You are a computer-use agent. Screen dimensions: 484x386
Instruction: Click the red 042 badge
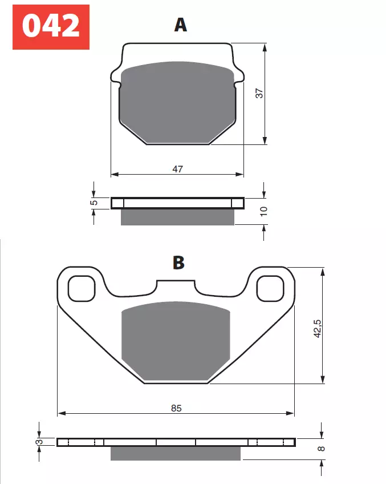click(51, 26)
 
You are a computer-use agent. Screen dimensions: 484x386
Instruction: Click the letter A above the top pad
click(181, 25)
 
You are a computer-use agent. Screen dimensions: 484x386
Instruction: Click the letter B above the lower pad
click(178, 263)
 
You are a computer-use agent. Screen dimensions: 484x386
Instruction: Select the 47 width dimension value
click(177, 168)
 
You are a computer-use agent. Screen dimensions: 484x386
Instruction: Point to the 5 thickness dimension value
click(95, 202)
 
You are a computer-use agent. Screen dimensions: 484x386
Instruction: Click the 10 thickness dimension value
click(263, 211)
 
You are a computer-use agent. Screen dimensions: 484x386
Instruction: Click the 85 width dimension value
click(176, 408)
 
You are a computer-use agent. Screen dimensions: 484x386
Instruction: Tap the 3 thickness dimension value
click(39, 442)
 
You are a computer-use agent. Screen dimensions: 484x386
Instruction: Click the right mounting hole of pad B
click(270, 288)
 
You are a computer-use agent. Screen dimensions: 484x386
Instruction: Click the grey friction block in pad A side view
click(177, 217)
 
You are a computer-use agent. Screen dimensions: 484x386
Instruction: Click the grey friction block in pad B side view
click(176, 453)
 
